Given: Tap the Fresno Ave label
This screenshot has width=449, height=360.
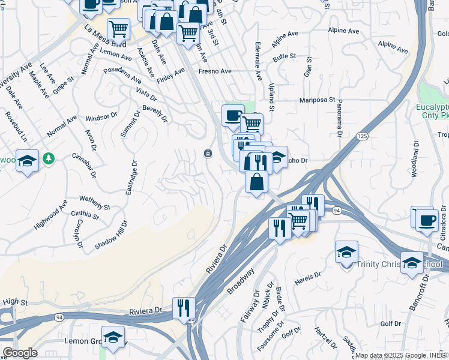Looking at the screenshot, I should click(x=215, y=71).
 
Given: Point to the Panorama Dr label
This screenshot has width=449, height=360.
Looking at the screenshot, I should click(x=339, y=118).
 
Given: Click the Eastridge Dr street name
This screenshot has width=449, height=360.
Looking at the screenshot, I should click(x=130, y=176).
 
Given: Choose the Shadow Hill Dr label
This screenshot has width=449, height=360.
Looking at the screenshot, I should click(x=111, y=235).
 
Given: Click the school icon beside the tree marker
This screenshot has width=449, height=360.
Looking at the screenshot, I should click(x=27, y=161).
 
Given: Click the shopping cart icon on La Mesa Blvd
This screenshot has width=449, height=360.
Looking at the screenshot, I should click(x=119, y=28).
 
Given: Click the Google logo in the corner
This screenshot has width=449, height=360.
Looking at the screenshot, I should click(x=20, y=352).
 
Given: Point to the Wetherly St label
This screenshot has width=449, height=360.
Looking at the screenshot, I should click(x=94, y=202).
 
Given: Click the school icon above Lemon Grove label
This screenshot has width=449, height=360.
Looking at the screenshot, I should click(x=112, y=337).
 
